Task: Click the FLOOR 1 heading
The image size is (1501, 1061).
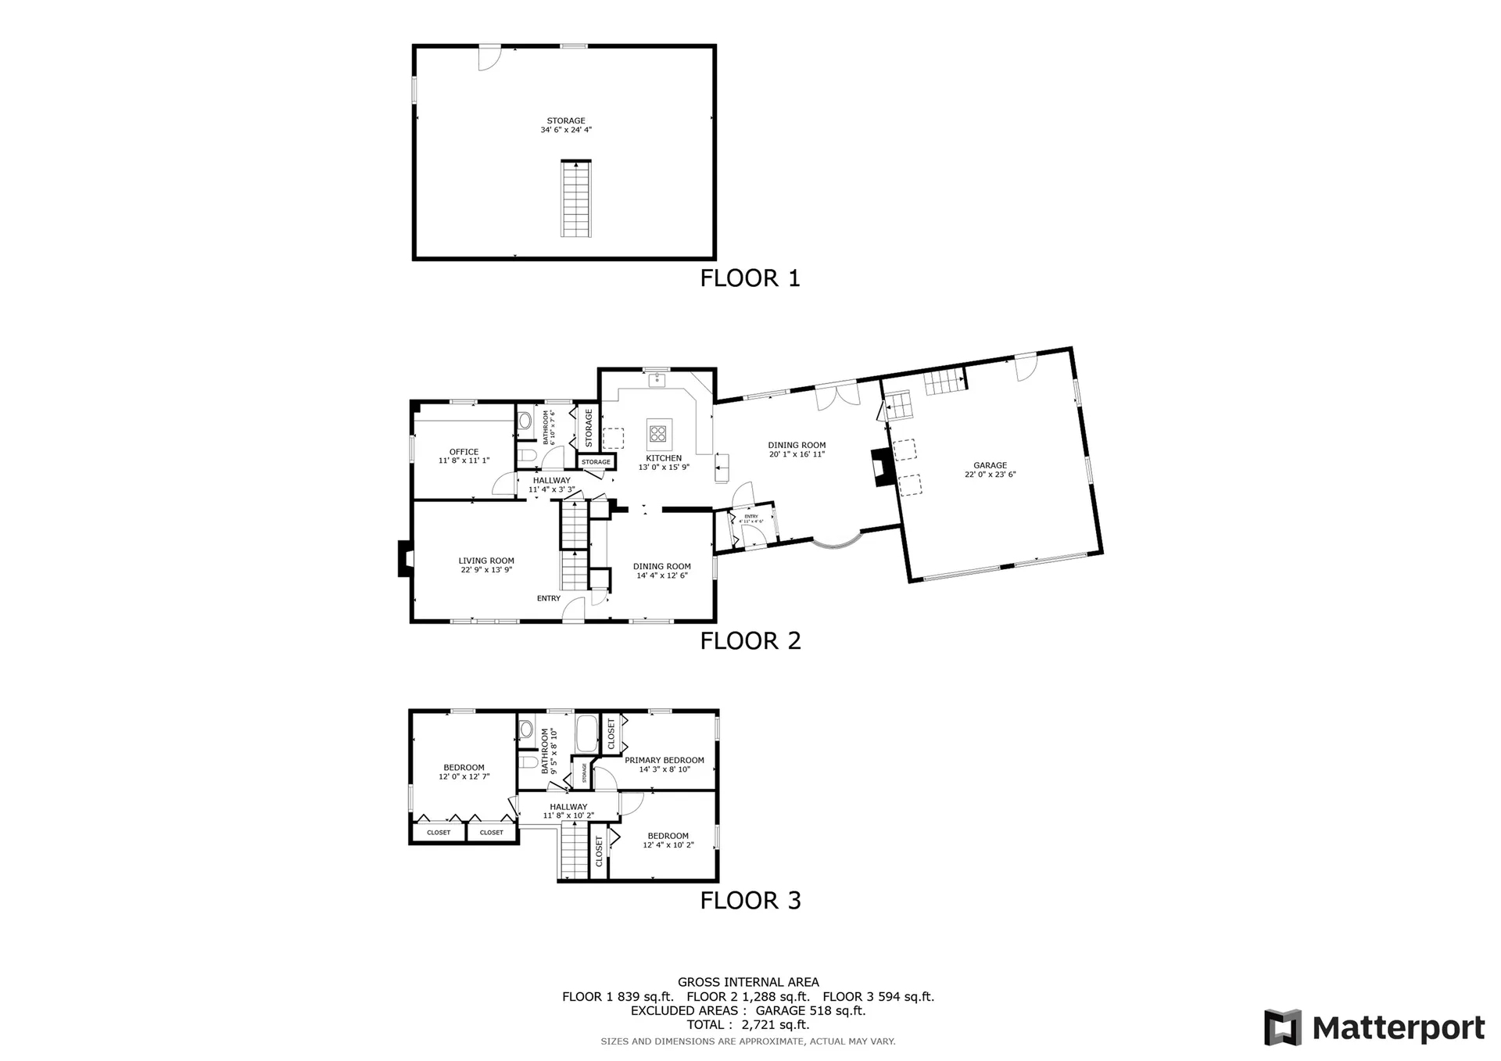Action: tap(750, 278)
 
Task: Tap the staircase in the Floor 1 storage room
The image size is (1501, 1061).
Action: tap(576, 199)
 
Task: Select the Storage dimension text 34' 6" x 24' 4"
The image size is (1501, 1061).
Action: tap(566, 131)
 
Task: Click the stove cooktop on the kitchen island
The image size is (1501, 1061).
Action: tap(658, 432)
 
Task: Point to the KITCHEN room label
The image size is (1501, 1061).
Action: tap(663, 458)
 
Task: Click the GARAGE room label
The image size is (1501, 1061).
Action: tap(990, 465)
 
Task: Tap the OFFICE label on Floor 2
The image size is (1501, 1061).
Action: tap(464, 452)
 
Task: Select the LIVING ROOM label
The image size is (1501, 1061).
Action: tap(485, 561)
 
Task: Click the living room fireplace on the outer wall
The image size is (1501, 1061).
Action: tap(405, 558)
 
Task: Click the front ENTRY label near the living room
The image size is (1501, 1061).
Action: tap(548, 598)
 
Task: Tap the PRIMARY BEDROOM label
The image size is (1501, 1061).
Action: tap(664, 760)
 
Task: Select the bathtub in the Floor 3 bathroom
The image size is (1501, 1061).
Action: tap(586, 733)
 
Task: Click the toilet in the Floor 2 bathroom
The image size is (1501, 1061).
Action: tap(526, 455)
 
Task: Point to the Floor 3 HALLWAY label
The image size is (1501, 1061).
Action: tap(568, 807)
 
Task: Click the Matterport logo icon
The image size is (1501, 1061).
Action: tap(1283, 1027)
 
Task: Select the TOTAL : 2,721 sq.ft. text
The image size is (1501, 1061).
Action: tap(748, 1025)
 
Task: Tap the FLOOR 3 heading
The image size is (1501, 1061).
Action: tap(750, 901)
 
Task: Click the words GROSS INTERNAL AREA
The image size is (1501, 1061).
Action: tap(748, 982)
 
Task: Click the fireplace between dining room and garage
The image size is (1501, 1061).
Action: tap(880, 468)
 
